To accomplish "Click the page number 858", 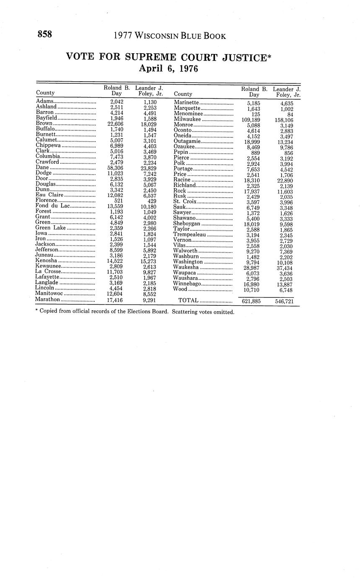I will click(x=45, y=34).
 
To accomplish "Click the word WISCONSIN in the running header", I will click(x=156, y=36).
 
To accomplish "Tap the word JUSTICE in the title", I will click(x=243, y=57).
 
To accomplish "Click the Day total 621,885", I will click(x=251, y=301).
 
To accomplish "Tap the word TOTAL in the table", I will click(x=188, y=300).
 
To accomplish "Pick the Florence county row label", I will click(x=46, y=200).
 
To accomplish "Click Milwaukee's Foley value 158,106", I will click(x=284, y=120).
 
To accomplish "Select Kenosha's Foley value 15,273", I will click(x=149, y=261).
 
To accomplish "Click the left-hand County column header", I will click(x=45, y=93).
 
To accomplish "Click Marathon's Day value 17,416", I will click(x=115, y=300).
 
